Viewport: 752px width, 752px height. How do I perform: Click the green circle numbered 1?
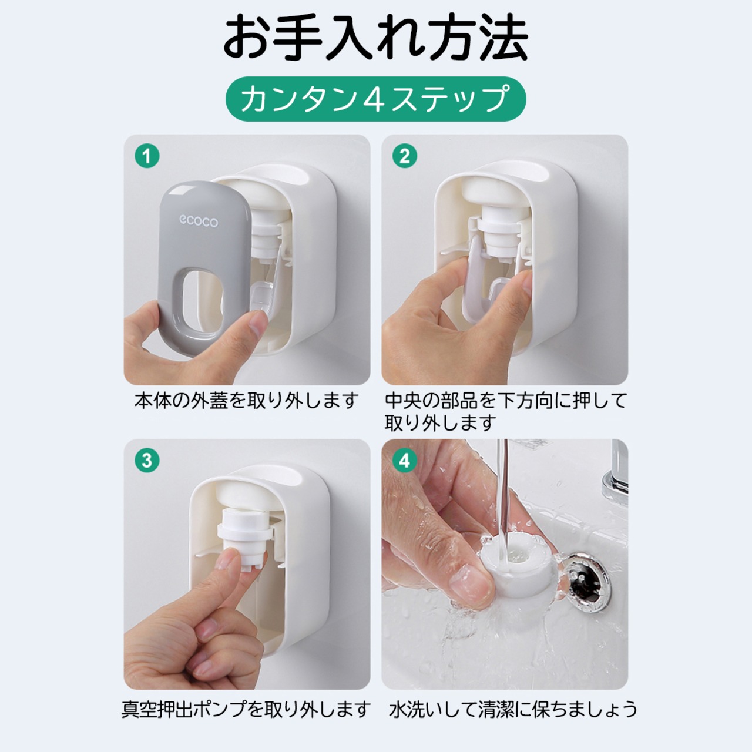pyautogui.click(x=147, y=156)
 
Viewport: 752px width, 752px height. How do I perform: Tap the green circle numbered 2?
pyautogui.click(x=405, y=156)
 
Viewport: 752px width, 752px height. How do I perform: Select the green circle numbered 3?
pyautogui.click(x=147, y=461)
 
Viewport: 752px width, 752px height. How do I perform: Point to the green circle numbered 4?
pyautogui.click(x=405, y=461)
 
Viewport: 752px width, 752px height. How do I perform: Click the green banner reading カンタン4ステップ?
pyautogui.click(x=376, y=99)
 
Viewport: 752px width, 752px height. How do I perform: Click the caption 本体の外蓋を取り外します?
pyautogui.click(x=247, y=401)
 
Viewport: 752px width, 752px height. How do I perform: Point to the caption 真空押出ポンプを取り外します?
pyautogui.click(x=246, y=709)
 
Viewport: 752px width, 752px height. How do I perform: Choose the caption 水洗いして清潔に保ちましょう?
pyautogui.click(x=513, y=709)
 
